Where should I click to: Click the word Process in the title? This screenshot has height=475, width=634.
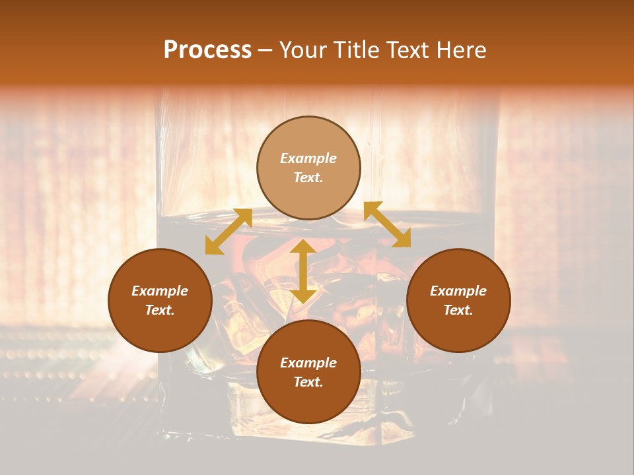coord(207,50)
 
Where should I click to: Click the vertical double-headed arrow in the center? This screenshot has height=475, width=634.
coord(303,271)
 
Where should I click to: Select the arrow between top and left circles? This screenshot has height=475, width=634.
coord(229,232)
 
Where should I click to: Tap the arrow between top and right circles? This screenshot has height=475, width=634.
coord(387,224)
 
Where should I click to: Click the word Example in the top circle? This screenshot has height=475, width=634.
coord(308,158)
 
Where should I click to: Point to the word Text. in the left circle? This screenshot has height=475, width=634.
coord(160,310)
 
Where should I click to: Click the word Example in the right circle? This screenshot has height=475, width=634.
coord(458,291)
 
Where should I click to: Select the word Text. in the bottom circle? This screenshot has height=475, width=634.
coord(308,382)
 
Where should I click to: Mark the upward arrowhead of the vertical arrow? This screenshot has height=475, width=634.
coord(303,247)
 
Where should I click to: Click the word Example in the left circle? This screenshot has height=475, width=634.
coord(160,291)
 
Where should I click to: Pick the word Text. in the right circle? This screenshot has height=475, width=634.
coord(458,310)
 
